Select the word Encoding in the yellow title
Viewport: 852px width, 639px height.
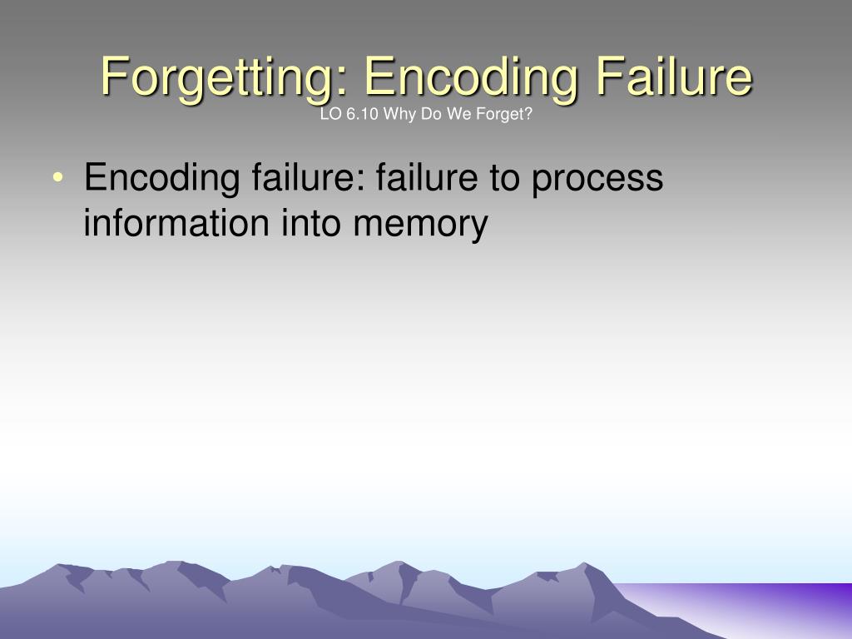(469, 77)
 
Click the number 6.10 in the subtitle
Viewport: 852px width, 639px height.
(359, 115)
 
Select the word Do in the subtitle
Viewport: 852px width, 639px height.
(428, 115)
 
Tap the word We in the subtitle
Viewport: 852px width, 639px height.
(453, 115)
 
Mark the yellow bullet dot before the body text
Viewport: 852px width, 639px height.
(57, 179)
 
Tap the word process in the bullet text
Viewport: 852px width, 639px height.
(598, 179)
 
